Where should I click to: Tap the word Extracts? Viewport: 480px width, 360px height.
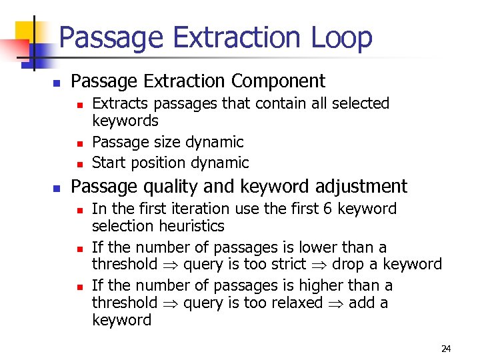click(118, 103)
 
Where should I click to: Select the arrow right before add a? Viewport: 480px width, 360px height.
click(340, 303)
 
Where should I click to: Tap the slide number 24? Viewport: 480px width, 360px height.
click(446, 349)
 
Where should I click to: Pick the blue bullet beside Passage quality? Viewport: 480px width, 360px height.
click(57, 188)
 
